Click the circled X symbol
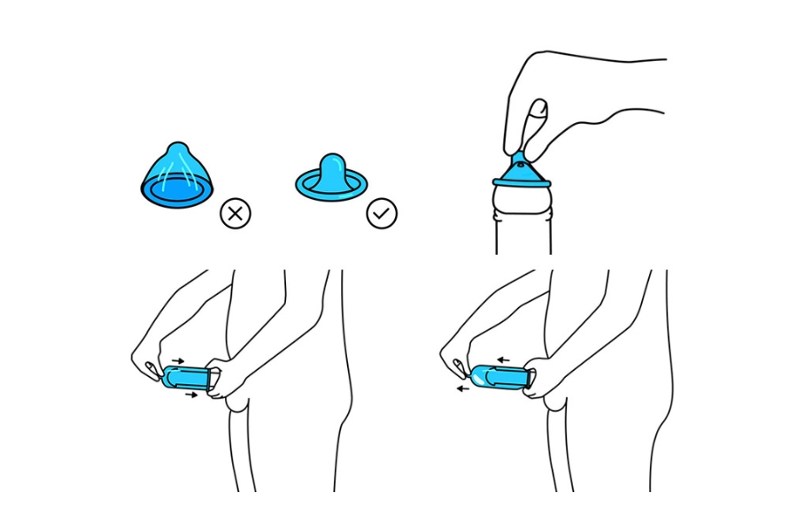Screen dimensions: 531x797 pyautogui.click(x=236, y=212)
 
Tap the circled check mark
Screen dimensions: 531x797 pyautogui.click(x=383, y=212)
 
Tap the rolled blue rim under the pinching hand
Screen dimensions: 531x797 pyautogui.click(x=522, y=181)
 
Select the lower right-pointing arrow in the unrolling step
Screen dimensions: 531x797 pyautogui.click(x=190, y=396)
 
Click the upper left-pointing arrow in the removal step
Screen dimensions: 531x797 pyautogui.click(x=502, y=360)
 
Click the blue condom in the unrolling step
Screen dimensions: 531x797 pyautogui.click(x=188, y=378)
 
